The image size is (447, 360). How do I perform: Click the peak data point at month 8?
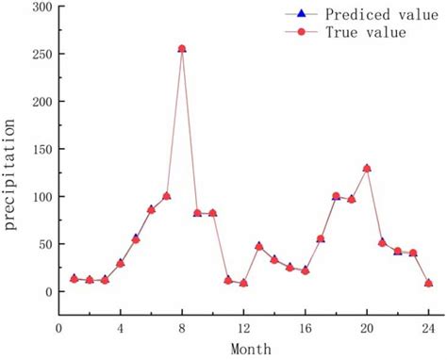tap(182, 48)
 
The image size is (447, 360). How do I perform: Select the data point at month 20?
tap(367, 169)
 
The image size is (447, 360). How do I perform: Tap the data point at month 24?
tap(428, 283)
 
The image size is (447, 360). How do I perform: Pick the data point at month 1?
tap(74, 279)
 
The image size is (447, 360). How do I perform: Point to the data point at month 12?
tap(243, 283)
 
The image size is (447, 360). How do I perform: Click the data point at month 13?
tap(259, 247)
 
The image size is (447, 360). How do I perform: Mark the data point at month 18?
tap(336, 196)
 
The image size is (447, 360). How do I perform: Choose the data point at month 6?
tap(151, 209)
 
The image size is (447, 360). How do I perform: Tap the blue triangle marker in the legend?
tap(301, 14)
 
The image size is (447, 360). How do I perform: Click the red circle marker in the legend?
tap(301, 32)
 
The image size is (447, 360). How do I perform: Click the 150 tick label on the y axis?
tap(39, 149)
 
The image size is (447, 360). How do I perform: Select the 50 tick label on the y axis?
tap(41, 244)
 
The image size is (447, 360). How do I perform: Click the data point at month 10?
tap(213, 213)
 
